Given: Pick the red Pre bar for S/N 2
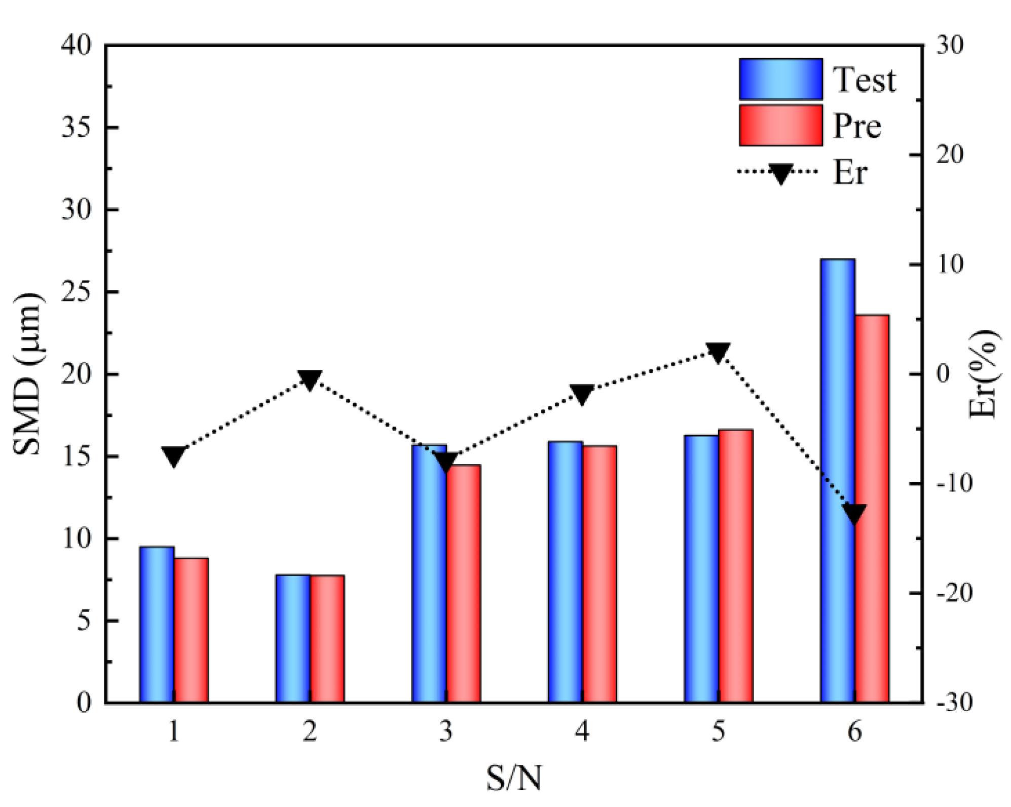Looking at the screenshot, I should click(327, 639).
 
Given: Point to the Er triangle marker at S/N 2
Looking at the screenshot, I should click(310, 379).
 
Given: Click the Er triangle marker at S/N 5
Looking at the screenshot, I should click(718, 352).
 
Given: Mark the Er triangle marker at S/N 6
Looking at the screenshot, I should click(854, 513).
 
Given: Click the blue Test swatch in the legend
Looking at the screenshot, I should click(780, 79).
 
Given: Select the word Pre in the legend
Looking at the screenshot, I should click(857, 126).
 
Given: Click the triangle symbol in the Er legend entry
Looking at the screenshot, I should click(780, 173).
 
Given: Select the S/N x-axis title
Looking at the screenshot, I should click(513, 778).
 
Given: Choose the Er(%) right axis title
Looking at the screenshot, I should click(984, 374).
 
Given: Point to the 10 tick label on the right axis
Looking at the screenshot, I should click(949, 264).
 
